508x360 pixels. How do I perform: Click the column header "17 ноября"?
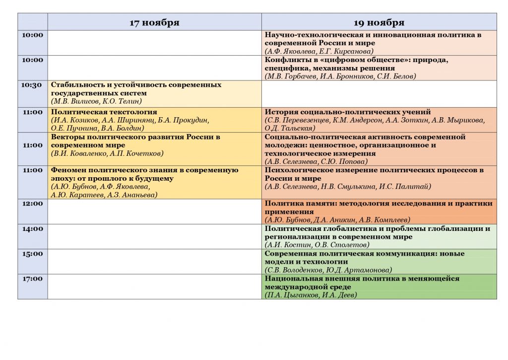(154, 23)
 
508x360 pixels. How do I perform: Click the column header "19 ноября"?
(379, 23)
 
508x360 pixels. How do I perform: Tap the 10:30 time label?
(32, 85)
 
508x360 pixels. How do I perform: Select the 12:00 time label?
(32, 204)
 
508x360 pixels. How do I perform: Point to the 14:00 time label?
(32, 229)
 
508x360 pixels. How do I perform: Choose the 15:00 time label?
(32, 254)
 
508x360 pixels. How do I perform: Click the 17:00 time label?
(32, 279)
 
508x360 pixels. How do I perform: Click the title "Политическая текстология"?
(104, 112)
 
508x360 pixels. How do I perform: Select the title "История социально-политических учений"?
(348, 112)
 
